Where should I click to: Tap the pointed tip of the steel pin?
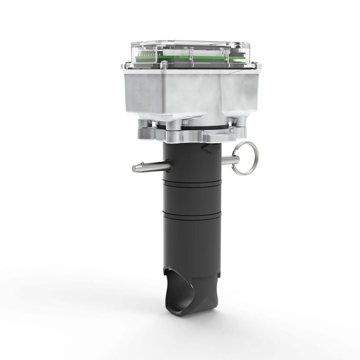point(135,168)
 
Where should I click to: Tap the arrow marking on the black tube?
point(206,149)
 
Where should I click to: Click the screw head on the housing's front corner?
point(164,65)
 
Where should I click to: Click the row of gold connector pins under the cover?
point(150,53)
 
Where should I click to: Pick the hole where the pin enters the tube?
point(170,166)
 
